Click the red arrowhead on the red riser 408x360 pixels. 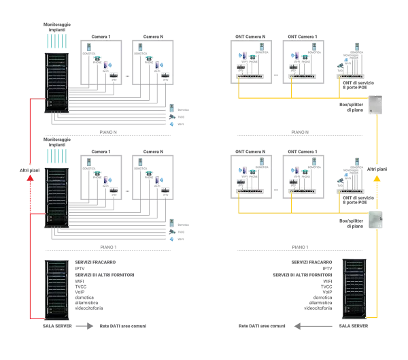tap(29, 178)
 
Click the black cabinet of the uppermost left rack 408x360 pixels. tap(56, 81)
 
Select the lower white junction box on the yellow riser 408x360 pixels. tap(376, 217)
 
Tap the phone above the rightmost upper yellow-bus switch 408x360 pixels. tap(356, 47)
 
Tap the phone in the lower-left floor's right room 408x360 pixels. tap(140, 163)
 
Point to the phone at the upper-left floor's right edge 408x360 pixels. tap(171, 110)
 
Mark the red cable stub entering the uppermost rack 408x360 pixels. tap(37, 99)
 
